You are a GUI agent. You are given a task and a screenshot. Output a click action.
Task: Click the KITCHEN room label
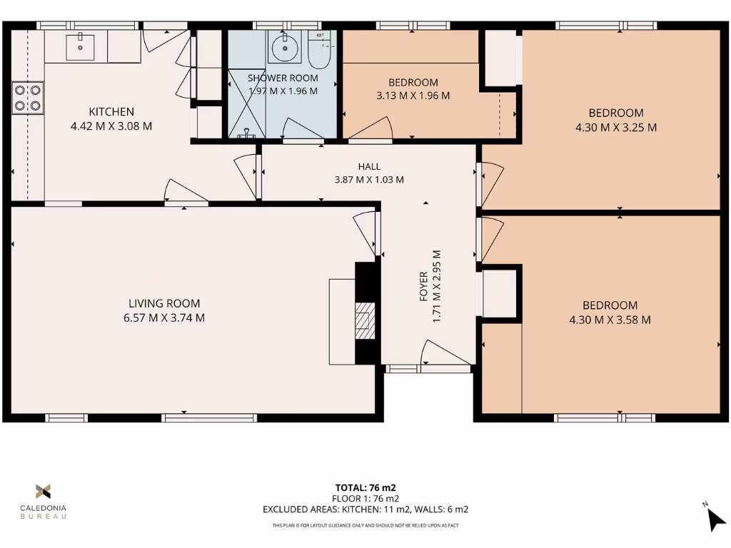point(111,112)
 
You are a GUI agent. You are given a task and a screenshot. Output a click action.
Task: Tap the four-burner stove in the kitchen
point(27,98)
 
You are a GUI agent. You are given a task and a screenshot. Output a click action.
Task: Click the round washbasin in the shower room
point(285,48)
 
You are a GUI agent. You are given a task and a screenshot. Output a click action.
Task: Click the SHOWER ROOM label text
point(283,78)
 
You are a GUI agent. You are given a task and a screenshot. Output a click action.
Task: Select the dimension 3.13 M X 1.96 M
point(413,96)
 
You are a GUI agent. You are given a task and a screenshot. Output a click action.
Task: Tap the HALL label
point(369,166)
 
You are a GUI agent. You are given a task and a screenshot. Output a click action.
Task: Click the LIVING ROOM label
point(164,303)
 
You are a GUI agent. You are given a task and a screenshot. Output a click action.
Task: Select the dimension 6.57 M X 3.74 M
point(164,318)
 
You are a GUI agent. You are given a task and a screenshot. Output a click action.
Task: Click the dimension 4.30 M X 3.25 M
point(615,128)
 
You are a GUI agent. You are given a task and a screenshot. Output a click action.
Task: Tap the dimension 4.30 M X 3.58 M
point(610,320)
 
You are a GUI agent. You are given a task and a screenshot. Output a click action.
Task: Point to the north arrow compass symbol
point(714,519)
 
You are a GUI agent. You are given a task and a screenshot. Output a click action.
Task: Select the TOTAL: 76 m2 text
point(365,488)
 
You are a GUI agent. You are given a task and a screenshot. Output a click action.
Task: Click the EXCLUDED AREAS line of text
point(365,509)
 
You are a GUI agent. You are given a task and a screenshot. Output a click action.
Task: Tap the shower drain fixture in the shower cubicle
point(247,133)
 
